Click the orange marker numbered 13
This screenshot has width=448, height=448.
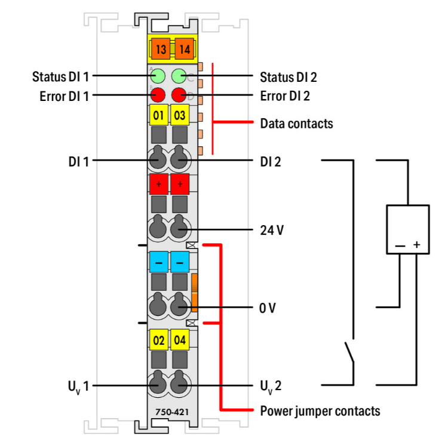click(x=159, y=49)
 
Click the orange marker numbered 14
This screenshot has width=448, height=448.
click(x=183, y=49)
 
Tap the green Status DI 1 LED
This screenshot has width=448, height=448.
click(x=158, y=76)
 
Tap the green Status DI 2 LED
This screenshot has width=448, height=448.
click(x=179, y=76)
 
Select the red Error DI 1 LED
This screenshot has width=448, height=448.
click(x=158, y=94)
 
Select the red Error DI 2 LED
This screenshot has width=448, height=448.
click(x=179, y=94)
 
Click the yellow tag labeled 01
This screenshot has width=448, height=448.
click(x=158, y=115)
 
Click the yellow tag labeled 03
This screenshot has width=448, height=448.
click(x=180, y=115)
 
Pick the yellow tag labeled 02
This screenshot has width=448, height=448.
click(x=158, y=341)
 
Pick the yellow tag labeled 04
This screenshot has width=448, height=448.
click(x=180, y=341)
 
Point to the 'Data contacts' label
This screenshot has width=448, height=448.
click(x=296, y=124)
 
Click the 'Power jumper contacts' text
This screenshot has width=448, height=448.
click(x=320, y=411)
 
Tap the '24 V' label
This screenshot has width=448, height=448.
click(x=272, y=229)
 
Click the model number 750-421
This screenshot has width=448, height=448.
click(x=169, y=412)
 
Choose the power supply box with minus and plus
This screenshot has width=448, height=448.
click(x=407, y=229)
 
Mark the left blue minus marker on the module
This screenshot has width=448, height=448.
click(x=158, y=262)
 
